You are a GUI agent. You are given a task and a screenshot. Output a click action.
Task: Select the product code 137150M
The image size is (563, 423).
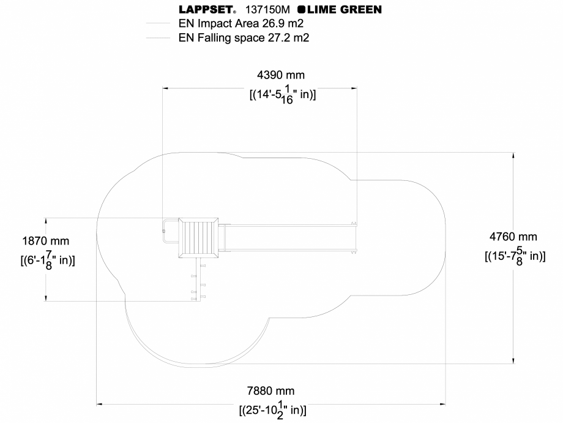pyautogui.click(x=267, y=10)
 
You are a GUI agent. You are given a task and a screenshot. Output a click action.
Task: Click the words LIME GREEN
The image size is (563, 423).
pyautogui.click(x=344, y=10)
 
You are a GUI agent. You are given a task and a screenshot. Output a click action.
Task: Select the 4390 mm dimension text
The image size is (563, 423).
pyautogui.click(x=280, y=75)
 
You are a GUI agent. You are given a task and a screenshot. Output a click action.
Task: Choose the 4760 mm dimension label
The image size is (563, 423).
pyautogui.click(x=513, y=236)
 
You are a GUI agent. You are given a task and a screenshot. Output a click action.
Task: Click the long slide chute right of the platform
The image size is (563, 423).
pyautogui.click(x=288, y=238)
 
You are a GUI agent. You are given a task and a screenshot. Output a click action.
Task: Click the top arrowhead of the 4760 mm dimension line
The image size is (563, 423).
pyautogui.click(x=513, y=155)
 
